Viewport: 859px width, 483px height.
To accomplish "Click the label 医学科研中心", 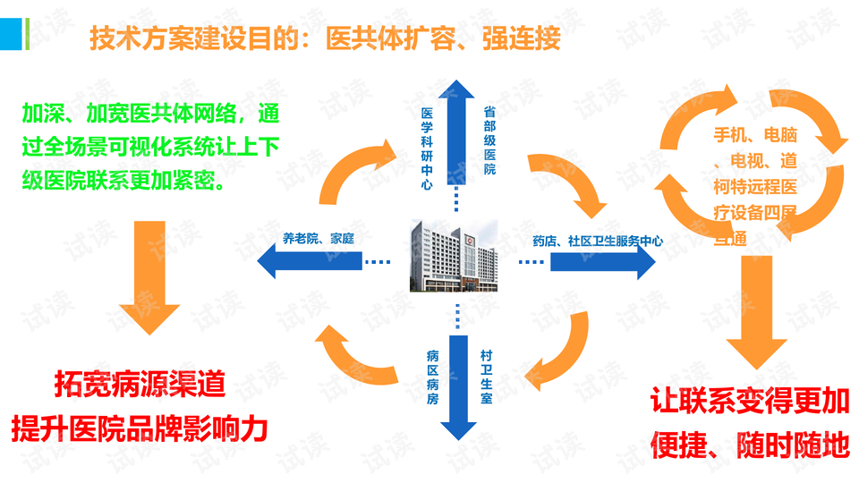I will pos(427,148).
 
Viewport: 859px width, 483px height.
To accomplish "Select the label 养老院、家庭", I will pos(319,238).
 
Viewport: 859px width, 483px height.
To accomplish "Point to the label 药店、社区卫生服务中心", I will pos(598,240).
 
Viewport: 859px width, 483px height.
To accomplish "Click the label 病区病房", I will pos(432,377).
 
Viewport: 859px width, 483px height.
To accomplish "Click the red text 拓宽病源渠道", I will pos(140,386).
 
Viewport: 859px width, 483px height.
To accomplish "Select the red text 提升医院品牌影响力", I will pos(140,428).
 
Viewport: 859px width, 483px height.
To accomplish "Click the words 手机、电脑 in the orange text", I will pos(754,136).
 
